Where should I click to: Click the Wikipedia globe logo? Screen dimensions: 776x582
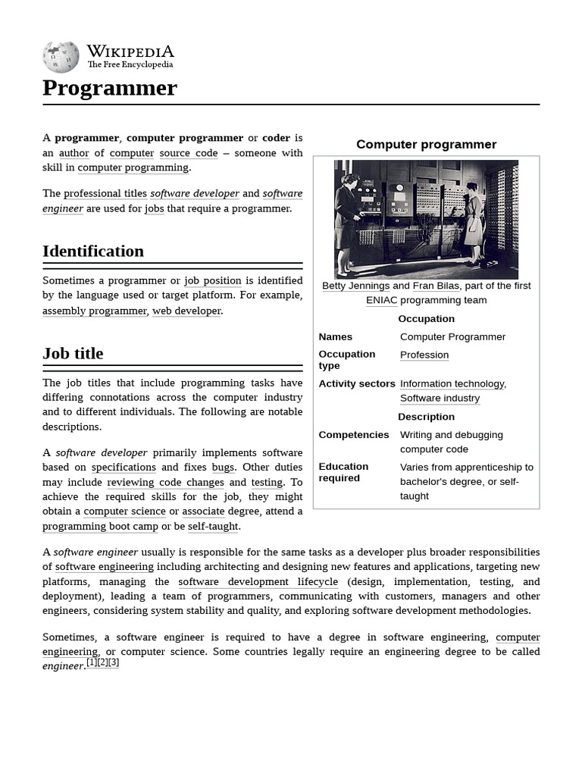pos(61,57)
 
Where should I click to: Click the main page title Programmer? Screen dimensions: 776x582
pos(110,88)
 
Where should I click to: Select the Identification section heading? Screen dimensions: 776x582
pos(93,251)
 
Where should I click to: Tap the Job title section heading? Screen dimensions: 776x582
pos(73,353)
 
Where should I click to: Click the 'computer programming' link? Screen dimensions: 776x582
pos(133,167)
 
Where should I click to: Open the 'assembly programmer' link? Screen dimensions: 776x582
pos(95,311)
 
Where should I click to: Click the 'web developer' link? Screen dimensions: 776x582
pos(186,311)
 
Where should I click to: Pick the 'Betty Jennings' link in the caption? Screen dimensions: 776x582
pos(355,286)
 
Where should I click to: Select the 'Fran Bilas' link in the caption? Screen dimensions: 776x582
pos(436,286)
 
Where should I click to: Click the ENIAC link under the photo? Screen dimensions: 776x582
pos(382,300)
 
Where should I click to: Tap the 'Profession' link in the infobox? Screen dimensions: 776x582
pos(424,355)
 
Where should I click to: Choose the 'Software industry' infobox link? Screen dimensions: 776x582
pos(440,398)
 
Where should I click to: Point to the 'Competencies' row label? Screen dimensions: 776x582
pos(354,435)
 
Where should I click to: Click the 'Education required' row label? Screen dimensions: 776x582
pos(344,472)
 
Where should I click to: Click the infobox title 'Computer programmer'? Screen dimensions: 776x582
pos(426,144)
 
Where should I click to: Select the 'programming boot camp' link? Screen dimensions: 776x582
pos(100,526)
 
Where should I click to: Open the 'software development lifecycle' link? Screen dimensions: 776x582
pos(258,581)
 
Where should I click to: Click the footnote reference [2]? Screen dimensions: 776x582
pos(103,662)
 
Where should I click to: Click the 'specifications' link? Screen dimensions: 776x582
pos(124,468)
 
